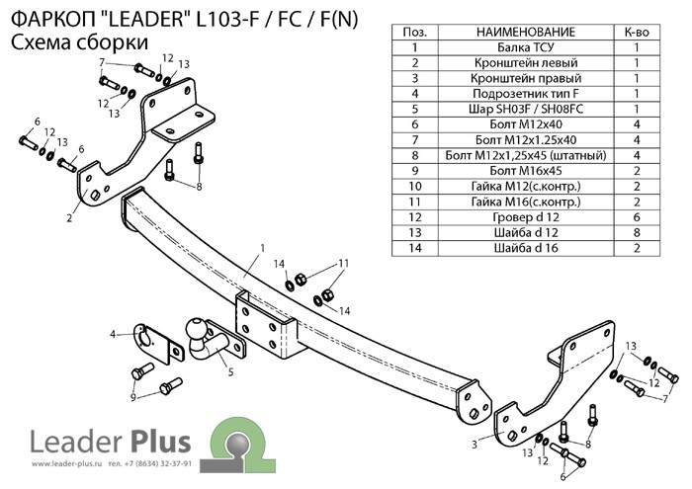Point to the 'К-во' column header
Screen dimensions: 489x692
tap(637, 33)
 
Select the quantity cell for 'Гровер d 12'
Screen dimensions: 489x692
tap(637, 216)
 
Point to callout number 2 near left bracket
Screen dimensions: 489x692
tap(69, 217)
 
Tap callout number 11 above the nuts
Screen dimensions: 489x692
tap(344, 263)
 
